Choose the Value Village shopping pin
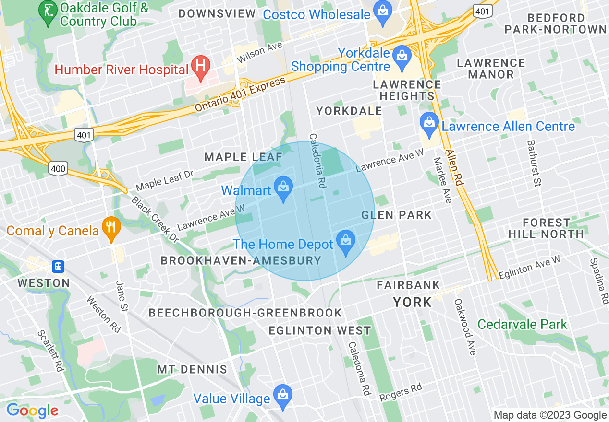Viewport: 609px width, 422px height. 282,396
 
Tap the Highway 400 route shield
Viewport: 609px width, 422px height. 57,168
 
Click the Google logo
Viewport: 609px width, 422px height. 32,410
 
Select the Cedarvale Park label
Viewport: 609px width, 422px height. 522,325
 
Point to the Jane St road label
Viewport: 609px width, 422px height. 121,296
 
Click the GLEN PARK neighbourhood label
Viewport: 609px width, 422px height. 396,215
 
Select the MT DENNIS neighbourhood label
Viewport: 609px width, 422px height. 192,369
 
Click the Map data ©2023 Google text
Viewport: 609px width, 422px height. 550,415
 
